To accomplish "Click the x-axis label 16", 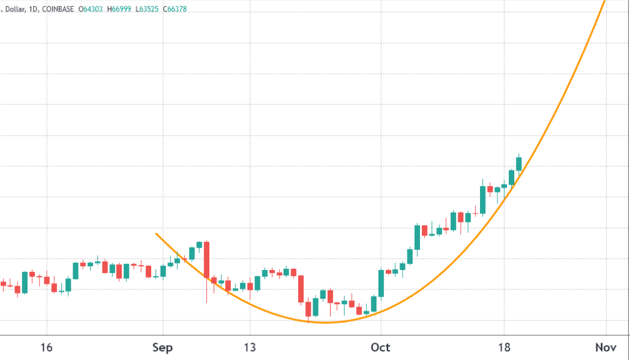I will tap(46, 348).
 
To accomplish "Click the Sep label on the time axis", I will tap(162, 348).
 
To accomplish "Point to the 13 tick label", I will tap(250, 348).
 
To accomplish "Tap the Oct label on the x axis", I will tap(380, 348).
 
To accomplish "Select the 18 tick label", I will tap(504, 348).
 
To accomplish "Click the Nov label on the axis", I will tap(606, 348).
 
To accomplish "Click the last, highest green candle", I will tap(519, 163).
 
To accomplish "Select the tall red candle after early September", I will tap(206, 259).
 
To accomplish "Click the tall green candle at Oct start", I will tap(381, 283).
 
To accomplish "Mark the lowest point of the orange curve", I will tap(326, 323).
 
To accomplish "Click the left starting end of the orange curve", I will tap(157, 233).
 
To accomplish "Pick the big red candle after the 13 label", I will tap(301, 289).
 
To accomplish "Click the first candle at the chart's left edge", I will tap(3, 283).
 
